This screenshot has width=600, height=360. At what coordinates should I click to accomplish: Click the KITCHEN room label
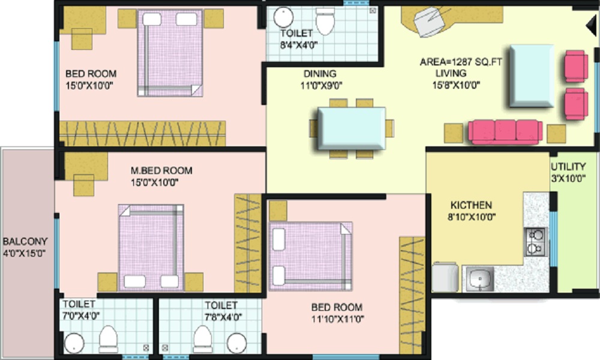pos(471,205)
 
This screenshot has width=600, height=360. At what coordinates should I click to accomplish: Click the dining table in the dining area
pos(352,128)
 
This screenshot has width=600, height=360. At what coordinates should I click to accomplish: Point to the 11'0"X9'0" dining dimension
pos(319,85)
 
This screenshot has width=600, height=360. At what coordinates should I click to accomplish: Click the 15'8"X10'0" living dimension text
pos(458,85)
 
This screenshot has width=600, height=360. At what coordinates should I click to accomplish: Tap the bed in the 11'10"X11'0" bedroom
pos(310,251)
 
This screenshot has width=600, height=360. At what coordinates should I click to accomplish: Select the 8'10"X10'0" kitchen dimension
pos(471,217)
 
